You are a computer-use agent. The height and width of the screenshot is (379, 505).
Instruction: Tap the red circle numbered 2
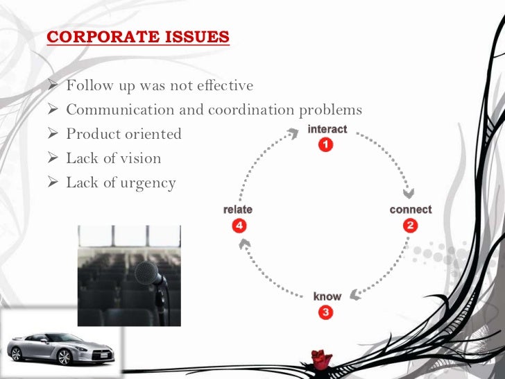(x=411, y=225)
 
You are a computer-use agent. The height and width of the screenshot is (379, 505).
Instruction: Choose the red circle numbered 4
(x=238, y=225)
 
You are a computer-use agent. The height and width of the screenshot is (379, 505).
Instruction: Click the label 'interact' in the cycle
(x=327, y=129)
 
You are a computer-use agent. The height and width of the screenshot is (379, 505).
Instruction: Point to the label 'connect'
(x=411, y=210)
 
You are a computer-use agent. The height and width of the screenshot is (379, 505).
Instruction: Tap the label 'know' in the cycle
(x=327, y=296)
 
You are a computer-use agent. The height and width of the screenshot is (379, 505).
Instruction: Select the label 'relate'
(x=238, y=210)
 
